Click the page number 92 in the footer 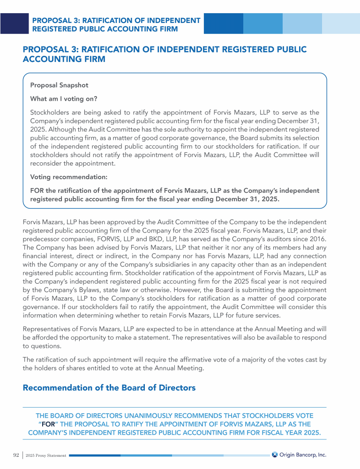click(15, 455)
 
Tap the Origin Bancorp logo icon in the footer click(275, 454)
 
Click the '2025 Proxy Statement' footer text click(46, 455)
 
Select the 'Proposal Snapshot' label click(59, 85)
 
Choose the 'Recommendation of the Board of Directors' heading click(109, 388)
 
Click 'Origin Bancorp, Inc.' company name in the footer click(303, 454)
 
